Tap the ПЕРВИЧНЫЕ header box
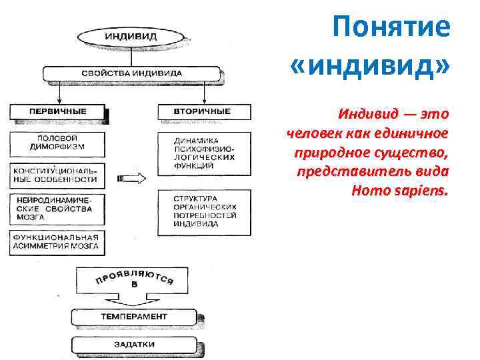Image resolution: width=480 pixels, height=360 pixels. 57,111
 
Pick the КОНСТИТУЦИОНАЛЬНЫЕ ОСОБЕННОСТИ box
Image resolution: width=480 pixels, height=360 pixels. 57,175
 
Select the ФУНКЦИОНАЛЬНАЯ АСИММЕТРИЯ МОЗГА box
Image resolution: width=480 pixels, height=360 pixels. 57,242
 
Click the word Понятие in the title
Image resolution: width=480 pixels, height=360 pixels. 391,28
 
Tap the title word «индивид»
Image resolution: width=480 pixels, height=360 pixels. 371,67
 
